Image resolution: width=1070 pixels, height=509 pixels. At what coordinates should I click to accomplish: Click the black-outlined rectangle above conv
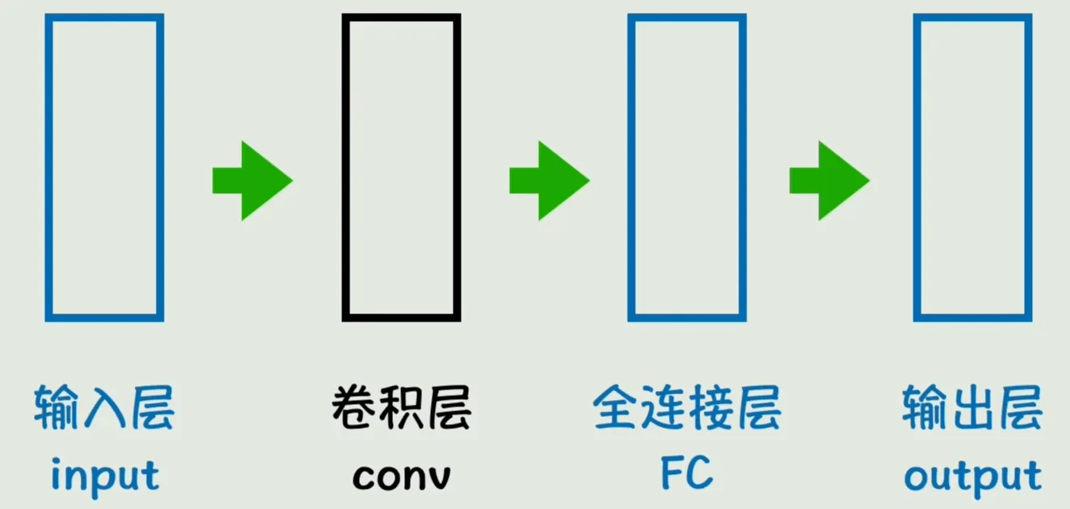(x=345, y=167)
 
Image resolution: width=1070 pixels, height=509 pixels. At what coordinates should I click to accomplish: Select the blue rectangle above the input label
(x=48, y=167)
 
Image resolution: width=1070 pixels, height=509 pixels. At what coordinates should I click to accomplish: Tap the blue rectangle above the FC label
(x=631, y=167)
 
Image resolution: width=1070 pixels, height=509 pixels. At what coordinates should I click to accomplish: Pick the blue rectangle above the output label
(x=917, y=167)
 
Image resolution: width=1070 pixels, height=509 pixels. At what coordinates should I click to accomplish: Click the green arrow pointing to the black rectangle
(x=253, y=181)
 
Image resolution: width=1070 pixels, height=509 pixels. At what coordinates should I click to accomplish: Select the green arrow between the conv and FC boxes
(x=550, y=181)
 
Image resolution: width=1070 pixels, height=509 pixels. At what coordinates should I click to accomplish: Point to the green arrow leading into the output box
(x=830, y=181)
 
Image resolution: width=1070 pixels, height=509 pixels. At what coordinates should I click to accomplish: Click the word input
(x=105, y=477)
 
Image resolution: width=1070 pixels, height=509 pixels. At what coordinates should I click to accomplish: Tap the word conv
(x=401, y=477)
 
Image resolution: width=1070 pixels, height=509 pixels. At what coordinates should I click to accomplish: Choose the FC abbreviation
(x=687, y=473)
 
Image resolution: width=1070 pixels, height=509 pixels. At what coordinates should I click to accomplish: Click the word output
(x=973, y=477)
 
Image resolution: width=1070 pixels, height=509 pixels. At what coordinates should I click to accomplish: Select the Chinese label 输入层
(x=104, y=407)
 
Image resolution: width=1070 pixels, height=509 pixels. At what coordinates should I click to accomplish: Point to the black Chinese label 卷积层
(x=401, y=407)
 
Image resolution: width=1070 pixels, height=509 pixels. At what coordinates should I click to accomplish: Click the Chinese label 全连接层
(x=687, y=407)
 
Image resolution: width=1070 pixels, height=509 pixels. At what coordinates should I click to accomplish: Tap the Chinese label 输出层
(x=972, y=407)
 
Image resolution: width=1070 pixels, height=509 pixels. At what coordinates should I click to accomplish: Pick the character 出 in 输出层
(x=972, y=407)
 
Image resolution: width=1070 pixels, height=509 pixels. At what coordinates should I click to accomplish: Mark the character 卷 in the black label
(x=353, y=407)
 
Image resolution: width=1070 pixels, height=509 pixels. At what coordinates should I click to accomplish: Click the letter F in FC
(x=672, y=473)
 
